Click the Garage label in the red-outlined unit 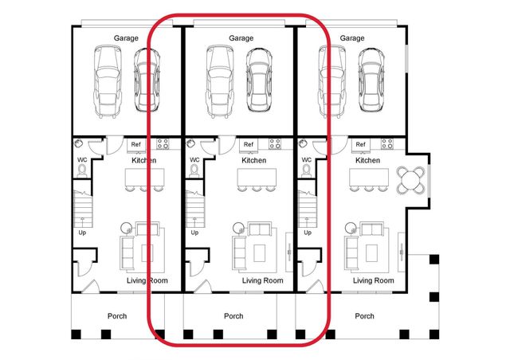(241, 37)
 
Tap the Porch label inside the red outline (233, 316)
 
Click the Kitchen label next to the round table (367, 160)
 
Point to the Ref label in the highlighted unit (249, 144)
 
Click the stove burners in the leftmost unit (163, 144)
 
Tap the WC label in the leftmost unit (82, 160)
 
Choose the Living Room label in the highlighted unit (263, 280)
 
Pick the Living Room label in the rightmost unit (373, 280)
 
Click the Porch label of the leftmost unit (117, 316)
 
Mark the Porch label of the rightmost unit (364, 316)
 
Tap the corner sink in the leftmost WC (80, 143)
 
